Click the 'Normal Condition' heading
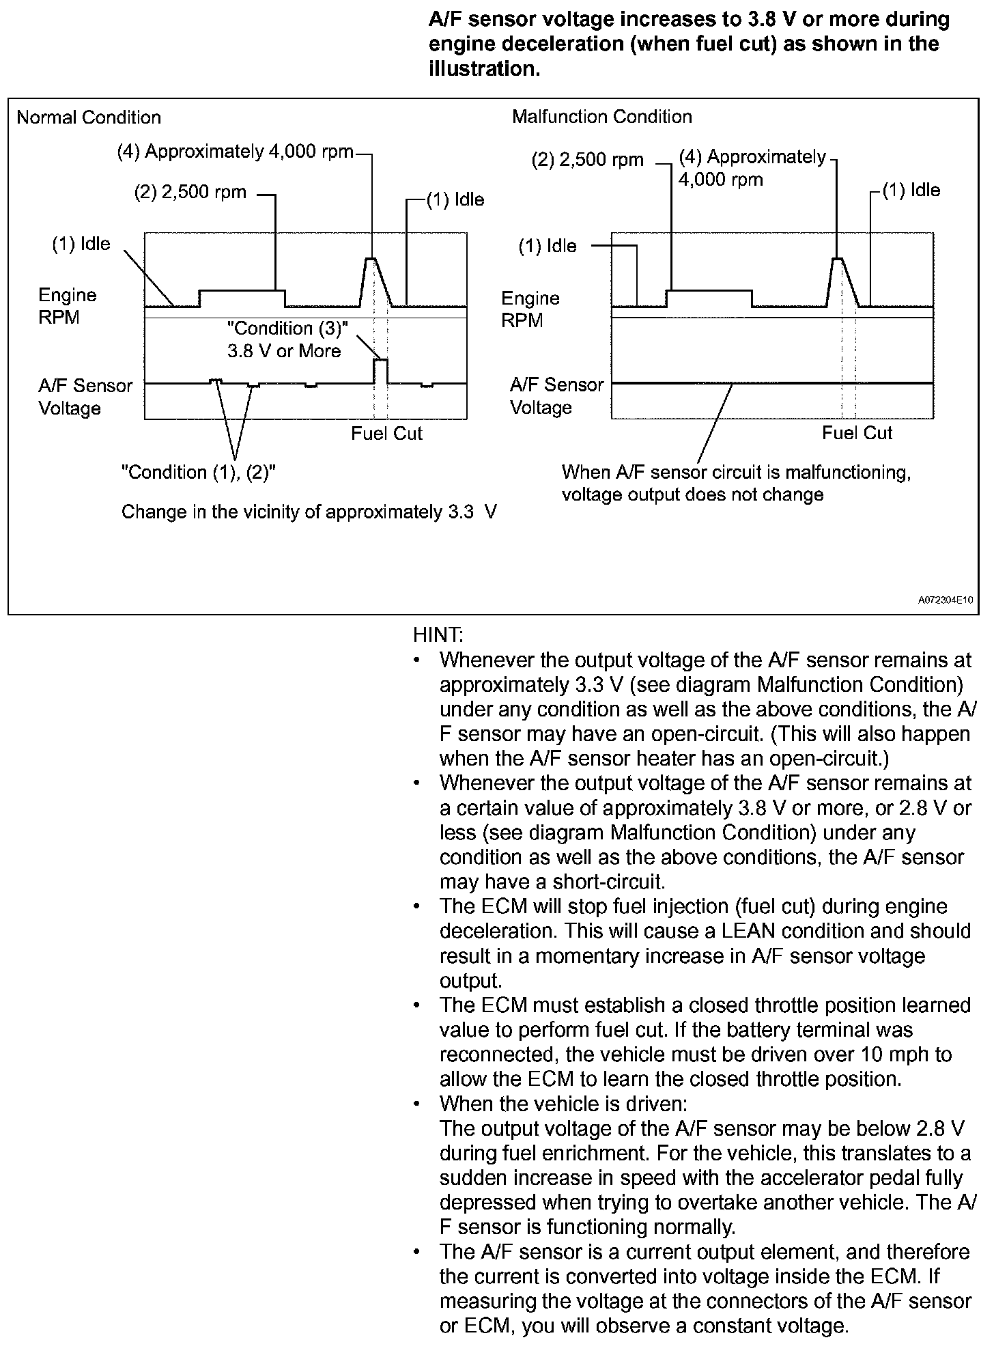click(x=89, y=117)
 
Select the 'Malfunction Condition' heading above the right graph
click(x=601, y=117)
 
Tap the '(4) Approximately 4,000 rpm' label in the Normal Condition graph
click(x=236, y=152)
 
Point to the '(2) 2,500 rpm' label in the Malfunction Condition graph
click(x=587, y=160)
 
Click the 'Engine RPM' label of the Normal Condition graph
click(x=67, y=306)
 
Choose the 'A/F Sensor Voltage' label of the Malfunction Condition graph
click(x=556, y=396)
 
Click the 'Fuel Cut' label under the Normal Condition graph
click(x=386, y=434)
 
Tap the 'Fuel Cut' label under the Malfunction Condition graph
click(x=857, y=433)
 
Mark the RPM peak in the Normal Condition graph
click(x=371, y=260)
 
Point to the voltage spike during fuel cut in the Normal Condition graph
click(x=381, y=361)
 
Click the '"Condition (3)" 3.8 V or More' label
click(x=286, y=339)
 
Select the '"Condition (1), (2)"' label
click(x=198, y=472)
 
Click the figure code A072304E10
click(x=945, y=600)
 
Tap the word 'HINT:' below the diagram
click(x=438, y=635)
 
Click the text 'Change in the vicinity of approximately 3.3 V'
click(x=309, y=512)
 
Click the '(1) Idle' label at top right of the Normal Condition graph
click(x=455, y=199)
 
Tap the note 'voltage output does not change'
click(x=692, y=494)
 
